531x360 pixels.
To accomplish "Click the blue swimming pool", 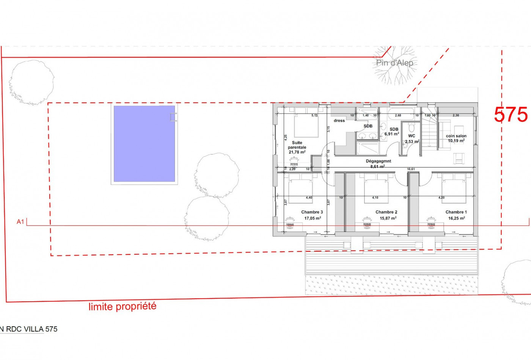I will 144,144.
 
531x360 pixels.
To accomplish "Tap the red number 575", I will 511,114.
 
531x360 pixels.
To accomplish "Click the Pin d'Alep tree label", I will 394,63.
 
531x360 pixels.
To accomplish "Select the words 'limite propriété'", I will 122,306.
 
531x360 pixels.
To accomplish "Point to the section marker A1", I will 20,222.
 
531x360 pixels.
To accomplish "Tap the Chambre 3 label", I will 312,212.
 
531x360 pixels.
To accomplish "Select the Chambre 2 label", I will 386,212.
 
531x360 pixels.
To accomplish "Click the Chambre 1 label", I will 456,212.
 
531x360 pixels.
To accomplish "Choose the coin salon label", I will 456,136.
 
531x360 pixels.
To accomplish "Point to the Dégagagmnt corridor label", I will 378,161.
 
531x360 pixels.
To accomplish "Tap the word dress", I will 339,121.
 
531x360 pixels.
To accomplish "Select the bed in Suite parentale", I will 306,125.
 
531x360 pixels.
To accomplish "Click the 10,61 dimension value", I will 411,169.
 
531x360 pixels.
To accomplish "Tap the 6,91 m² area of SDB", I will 392,134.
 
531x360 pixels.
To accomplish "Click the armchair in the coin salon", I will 459,158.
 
